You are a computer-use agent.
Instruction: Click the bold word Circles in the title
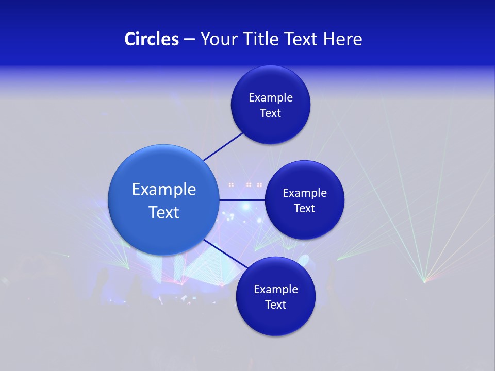coord(151,39)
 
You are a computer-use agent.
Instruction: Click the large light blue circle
coord(163,200)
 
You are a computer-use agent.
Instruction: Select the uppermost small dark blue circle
coord(270,105)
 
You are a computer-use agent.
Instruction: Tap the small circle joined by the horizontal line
coord(304,200)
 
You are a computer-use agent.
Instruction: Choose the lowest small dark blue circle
coord(275,296)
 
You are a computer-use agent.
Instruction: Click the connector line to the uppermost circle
coord(223,146)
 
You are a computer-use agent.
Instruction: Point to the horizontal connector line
coord(241,200)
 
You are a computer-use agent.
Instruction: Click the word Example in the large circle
coord(164,189)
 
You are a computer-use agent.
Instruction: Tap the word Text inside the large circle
coord(164,212)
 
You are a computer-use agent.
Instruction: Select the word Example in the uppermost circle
coord(271,97)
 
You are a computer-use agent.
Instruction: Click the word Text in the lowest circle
coord(275,305)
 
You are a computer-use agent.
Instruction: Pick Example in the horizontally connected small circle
coord(305,193)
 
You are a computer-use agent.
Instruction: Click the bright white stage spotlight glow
coord(246,206)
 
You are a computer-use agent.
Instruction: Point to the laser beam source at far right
coord(424,281)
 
